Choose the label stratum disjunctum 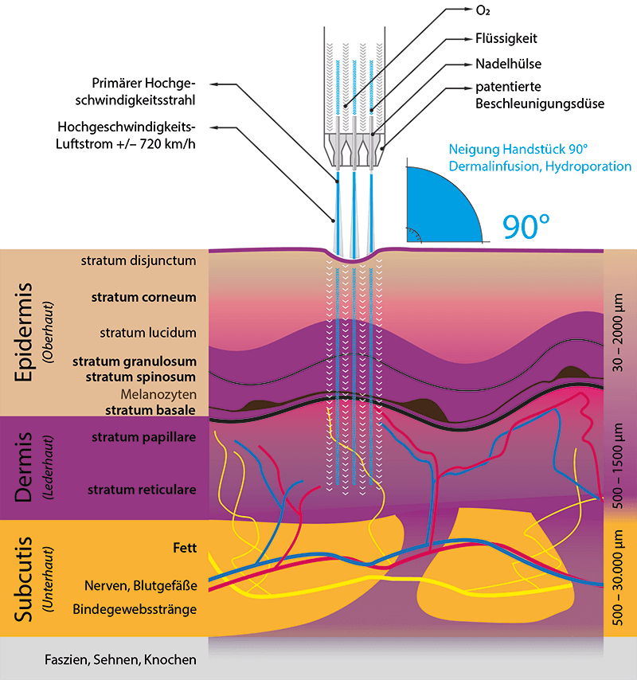click(x=138, y=260)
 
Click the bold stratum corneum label click(x=143, y=297)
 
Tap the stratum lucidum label click(x=148, y=332)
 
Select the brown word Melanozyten click(x=158, y=394)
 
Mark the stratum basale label click(x=150, y=410)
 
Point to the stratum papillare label click(x=143, y=437)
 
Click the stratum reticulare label click(x=142, y=488)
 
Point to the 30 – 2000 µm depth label click(x=620, y=333)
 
